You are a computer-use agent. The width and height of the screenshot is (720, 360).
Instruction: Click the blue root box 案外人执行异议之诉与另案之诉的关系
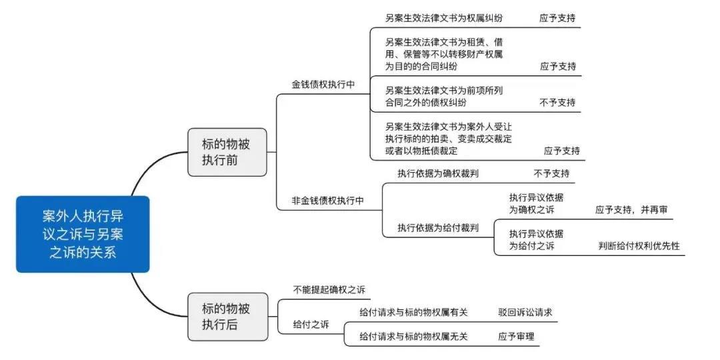(83, 234)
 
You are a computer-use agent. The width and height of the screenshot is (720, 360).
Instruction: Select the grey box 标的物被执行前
(227, 153)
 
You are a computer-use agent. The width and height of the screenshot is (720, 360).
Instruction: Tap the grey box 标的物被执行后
(227, 317)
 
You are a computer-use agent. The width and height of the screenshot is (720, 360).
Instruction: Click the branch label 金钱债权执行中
(323, 85)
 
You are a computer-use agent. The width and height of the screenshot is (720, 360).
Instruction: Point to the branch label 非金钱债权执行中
(328, 200)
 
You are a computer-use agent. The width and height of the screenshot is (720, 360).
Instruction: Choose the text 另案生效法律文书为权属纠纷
(444, 19)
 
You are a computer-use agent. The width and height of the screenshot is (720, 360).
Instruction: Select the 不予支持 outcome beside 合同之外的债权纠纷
(557, 103)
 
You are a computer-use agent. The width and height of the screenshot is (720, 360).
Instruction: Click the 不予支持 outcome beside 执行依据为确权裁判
(551, 173)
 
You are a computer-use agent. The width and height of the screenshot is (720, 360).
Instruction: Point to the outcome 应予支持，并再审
(631, 210)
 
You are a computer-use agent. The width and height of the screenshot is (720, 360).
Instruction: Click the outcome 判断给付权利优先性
(639, 245)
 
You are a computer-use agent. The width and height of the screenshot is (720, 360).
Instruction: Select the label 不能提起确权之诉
(329, 290)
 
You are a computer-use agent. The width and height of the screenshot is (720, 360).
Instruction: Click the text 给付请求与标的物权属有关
(413, 312)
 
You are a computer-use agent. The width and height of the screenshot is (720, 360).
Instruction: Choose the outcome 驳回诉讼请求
(525, 312)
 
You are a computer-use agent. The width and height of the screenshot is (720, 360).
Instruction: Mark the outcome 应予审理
(516, 337)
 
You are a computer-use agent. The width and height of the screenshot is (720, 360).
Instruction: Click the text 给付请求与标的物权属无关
(413, 337)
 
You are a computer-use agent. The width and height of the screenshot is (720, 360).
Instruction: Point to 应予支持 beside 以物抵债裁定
(562, 151)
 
